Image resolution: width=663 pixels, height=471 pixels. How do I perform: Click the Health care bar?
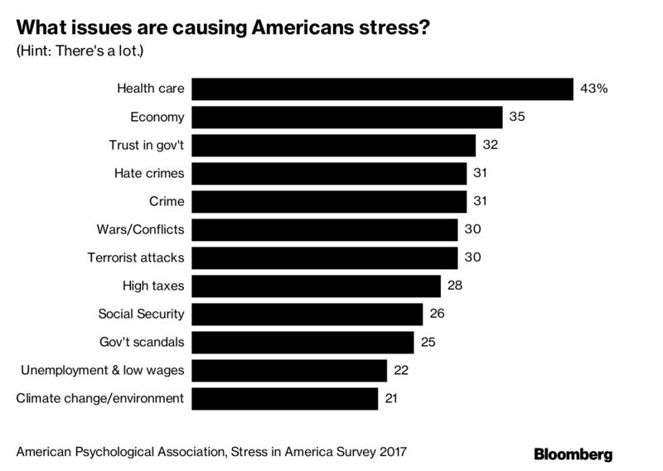[384, 89]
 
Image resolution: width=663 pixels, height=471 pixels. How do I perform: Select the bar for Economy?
[348, 117]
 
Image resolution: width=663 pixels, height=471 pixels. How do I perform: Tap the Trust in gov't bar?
[335, 145]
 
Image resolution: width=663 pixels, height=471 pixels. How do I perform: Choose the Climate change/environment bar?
[286, 398]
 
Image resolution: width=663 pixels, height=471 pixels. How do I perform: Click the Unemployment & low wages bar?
[291, 370]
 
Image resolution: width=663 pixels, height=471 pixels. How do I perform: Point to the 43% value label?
[594, 89]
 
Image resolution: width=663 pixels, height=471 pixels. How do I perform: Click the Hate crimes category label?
[148, 173]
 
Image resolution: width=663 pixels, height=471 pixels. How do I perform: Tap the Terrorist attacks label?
[135, 257]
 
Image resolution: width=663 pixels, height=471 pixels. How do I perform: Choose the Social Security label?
[141, 314]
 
